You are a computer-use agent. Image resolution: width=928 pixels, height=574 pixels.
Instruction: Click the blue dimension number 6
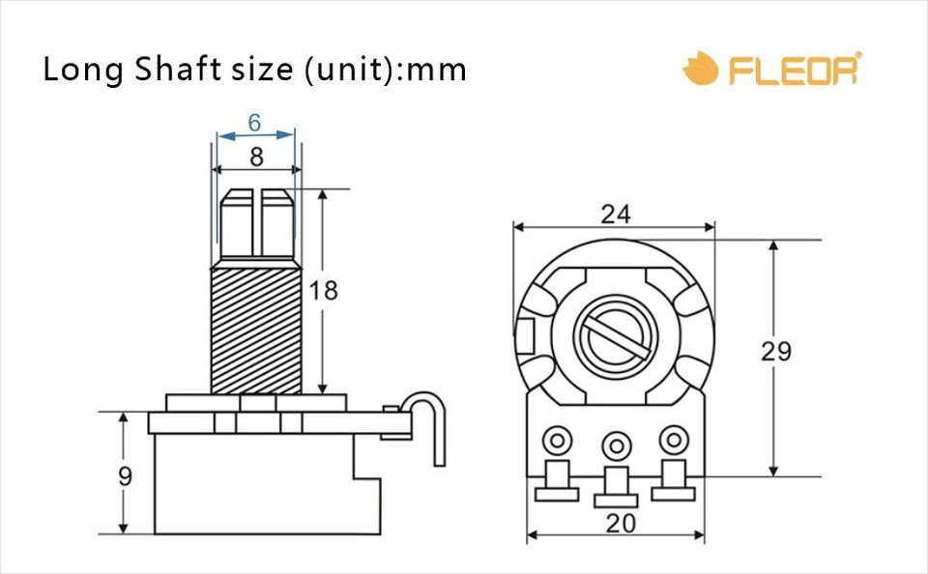pyautogui.click(x=254, y=123)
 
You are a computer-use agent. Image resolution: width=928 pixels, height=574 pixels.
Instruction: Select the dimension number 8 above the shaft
pyautogui.click(x=256, y=156)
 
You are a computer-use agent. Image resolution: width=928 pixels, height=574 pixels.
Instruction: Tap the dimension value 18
pyautogui.click(x=324, y=290)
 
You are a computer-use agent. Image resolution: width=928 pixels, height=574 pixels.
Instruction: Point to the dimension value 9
pyautogui.click(x=124, y=475)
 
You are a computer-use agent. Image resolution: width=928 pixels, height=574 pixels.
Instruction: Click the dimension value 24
pyautogui.click(x=615, y=215)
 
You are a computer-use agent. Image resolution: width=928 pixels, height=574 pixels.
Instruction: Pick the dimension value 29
pyautogui.click(x=775, y=352)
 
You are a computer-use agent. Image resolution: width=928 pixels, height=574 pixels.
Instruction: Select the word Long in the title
pyautogui.click(x=82, y=71)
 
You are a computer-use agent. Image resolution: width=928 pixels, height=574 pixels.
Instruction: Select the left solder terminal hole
pyautogui.click(x=556, y=442)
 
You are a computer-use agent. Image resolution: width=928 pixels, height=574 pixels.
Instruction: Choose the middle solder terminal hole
pyautogui.click(x=615, y=445)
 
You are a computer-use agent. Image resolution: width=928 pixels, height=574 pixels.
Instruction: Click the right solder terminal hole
pyautogui.click(x=673, y=441)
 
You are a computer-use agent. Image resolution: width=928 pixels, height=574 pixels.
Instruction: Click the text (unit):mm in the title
pyautogui.click(x=386, y=71)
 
